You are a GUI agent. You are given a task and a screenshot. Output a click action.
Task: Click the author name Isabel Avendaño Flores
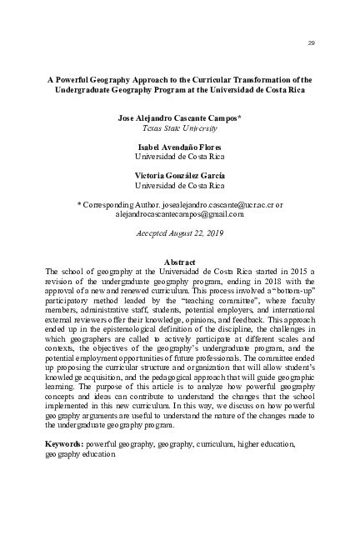pyautogui.click(x=180, y=147)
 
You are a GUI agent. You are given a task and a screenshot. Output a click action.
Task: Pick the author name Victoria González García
pyautogui.click(x=180, y=174)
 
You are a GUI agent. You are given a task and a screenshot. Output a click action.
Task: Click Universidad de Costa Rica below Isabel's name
pyautogui.click(x=180, y=157)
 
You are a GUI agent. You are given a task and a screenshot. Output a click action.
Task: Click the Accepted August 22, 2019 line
pyautogui.click(x=180, y=234)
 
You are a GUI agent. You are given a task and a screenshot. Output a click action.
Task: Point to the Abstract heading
pyautogui.click(x=180, y=262)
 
